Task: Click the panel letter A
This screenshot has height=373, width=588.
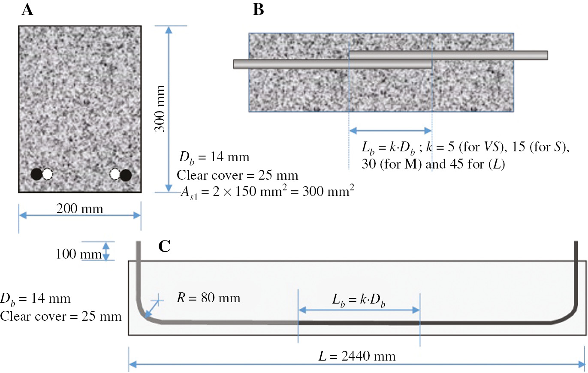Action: tap(27, 10)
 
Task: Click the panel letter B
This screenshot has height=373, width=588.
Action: tap(258, 10)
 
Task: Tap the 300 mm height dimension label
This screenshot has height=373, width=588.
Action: tap(160, 108)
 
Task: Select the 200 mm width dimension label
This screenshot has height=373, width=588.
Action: tap(80, 209)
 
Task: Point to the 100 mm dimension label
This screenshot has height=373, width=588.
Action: tap(78, 254)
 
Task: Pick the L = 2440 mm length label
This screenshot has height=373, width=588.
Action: tap(357, 356)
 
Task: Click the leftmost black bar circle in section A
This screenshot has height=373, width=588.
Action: tap(36, 174)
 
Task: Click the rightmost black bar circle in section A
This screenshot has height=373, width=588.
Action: tap(126, 175)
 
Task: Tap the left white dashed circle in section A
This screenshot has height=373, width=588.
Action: tap(48, 174)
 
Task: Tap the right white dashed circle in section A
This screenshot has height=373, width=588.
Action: tap(115, 174)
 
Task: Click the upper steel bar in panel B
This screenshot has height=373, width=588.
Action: tap(448, 55)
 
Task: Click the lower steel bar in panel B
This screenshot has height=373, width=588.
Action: tap(332, 64)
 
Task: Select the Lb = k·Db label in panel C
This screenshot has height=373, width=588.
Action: tap(359, 300)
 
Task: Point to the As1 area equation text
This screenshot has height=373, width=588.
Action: tap(268, 192)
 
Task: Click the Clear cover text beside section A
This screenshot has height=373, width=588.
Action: tap(238, 175)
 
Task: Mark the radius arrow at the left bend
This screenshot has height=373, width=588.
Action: tap(152, 310)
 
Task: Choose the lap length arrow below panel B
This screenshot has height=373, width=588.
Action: tap(390, 130)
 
